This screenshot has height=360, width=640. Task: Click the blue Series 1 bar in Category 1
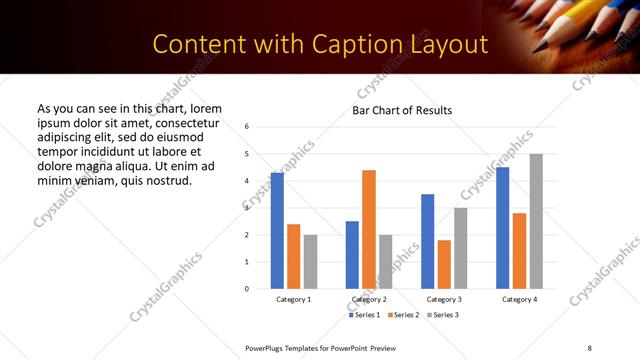277,231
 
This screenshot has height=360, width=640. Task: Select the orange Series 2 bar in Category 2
369,229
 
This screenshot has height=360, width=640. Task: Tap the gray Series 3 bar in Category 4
536,221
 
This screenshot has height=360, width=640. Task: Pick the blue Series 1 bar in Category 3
427,241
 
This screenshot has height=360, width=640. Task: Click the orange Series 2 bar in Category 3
444,264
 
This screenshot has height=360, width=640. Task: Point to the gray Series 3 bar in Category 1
310,262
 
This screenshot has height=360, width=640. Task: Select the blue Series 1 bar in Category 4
502,228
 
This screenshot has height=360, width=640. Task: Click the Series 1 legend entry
363,315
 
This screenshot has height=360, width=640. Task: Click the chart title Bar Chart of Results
402,110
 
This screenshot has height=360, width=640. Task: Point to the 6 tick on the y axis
247,127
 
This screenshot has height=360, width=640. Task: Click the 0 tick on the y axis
247,289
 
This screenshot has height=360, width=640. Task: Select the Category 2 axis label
369,299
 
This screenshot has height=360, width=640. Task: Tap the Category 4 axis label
519,299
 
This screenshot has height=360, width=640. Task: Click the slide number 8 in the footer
590,347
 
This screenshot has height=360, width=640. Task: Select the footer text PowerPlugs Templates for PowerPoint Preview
321,347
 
